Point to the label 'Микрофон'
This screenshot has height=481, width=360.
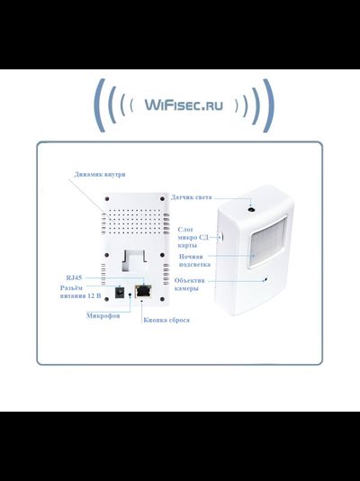[x=103, y=316]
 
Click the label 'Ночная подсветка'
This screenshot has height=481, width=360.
[x=196, y=261]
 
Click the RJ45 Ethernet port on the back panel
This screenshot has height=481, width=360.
[x=142, y=291]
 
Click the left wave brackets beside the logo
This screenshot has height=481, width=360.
[x=109, y=105]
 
